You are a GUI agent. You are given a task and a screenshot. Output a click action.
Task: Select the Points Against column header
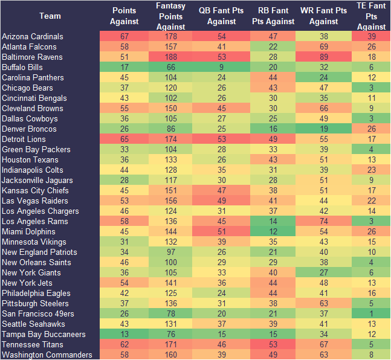[x=124, y=16]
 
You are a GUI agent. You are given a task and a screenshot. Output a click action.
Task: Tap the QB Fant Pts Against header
[x=221, y=16]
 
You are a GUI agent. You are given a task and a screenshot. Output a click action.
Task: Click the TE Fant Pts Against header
[x=371, y=16]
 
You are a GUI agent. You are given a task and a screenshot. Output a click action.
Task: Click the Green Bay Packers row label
[x=36, y=149]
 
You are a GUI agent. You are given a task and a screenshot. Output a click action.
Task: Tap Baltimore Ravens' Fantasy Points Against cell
[x=170, y=57]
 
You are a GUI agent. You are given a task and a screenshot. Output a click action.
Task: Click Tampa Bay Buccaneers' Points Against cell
[x=124, y=334]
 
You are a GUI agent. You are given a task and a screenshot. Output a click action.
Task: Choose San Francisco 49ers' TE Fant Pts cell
[x=371, y=313]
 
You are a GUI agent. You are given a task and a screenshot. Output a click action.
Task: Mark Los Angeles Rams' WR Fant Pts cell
[x=323, y=221]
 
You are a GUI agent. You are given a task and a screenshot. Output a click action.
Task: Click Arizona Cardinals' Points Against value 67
[x=124, y=36]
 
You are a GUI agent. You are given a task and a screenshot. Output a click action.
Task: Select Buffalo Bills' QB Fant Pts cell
[x=221, y=67]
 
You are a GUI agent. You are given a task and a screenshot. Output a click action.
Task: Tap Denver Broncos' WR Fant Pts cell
[x=323, y=129]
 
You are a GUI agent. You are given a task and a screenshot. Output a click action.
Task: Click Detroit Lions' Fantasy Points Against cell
[x=170, y=139]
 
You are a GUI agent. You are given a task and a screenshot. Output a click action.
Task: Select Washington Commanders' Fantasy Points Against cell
[x=170, y=355]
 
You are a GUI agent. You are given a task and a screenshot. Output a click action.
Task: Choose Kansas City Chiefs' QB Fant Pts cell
[x=221, y=190]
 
